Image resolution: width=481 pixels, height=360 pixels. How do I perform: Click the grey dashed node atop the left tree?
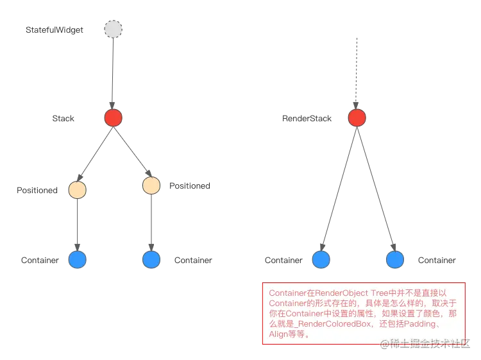pyautogui.click(x=113, y=29)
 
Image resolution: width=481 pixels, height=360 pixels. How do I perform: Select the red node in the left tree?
pyautogui.click(x=113, y=118)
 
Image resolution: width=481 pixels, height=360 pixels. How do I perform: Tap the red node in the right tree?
pyautogui.click(x=357, y=118)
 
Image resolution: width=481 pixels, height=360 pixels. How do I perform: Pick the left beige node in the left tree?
pyautogui.click(x=78, y=190)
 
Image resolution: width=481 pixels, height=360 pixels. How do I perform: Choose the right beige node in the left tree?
pyautogui.click(x=151, y=185)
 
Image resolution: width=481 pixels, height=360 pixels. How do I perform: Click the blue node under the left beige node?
pyautogui.click(x=78, y=259)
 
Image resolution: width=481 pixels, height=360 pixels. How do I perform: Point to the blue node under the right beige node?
pyautogui.click(x=151, y=259)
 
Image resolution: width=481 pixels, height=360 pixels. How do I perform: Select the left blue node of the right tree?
pyautogui.click(x=320, y=259)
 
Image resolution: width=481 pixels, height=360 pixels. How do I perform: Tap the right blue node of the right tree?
pyautogui.click(x=395, y=259)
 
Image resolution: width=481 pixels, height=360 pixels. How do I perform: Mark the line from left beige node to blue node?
pyautogui.click(x=78, y=225)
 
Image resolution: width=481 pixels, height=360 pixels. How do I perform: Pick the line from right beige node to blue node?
pyautogui.click(x=151, y=222)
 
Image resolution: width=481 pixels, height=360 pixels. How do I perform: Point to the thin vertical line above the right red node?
pyautogui.click(x=357, y=71)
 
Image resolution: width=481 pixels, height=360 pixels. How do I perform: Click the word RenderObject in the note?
pyautogui.click(x=342, y=293)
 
